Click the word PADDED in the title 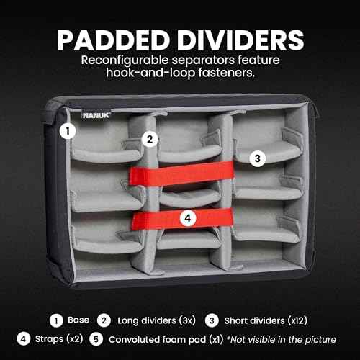coord(113,40)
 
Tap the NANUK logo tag coord(96,115)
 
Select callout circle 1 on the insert coord(68,131)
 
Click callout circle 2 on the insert coord(150,139)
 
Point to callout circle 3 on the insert coord(257,158)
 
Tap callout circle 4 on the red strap coord(188,218)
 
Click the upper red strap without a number coord(181,174)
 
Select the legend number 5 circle coord(96,339)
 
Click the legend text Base coord(78,320)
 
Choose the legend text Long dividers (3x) coord(156,320)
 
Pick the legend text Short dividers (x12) coord(266,320)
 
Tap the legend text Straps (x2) coord(59,339)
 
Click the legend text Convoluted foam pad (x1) coord(166,340)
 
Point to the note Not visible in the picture coord(282,340)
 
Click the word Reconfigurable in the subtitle coord(125,60)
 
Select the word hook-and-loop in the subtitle coord(150,73)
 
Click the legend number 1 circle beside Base coord(56,320)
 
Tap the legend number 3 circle coord(212,320)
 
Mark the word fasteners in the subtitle coord(227,72)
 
